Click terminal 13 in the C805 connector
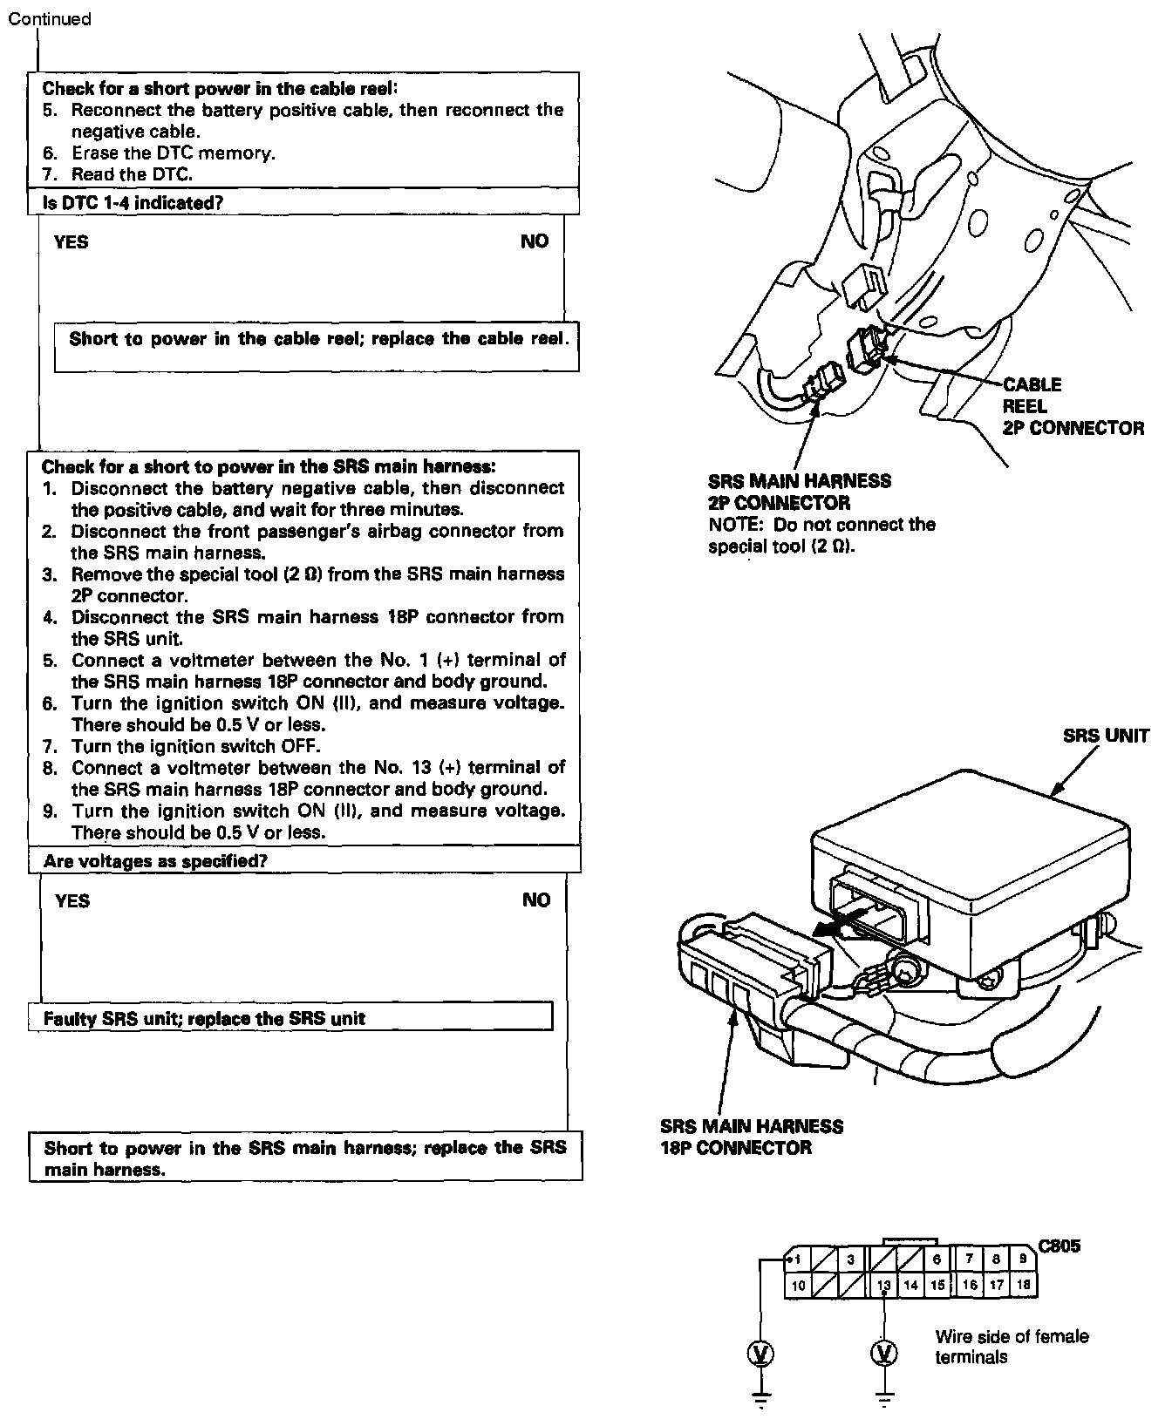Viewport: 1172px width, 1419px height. tap(883, 1285)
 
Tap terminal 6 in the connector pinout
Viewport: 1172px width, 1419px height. tap(937, 1259)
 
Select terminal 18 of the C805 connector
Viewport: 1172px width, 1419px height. tap(1024, 1285)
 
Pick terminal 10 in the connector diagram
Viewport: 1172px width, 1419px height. tap(798, 1285)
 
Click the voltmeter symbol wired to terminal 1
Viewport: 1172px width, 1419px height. tap(761, 1353)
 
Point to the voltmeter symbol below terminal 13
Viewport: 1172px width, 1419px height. tap(884, 1353)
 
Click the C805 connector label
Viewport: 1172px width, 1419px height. tap(1060, 1246)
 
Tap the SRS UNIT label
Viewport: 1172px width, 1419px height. tap(1106, 735)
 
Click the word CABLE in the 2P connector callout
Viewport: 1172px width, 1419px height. tap(1032, 384)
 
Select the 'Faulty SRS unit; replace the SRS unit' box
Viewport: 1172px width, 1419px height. tap(290, 1018)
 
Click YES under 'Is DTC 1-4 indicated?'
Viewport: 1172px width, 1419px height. tap(71, 242)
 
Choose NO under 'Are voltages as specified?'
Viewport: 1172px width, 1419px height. tap(536, 900)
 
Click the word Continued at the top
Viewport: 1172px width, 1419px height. tap(50, 18)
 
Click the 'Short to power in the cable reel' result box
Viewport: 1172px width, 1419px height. tap(317, 340)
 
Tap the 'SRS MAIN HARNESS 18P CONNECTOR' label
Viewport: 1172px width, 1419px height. tap(752, 1137)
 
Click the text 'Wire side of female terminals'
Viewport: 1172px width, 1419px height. tap(1012, 1347)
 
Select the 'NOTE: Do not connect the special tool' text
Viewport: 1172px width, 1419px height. tap(821, 535)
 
